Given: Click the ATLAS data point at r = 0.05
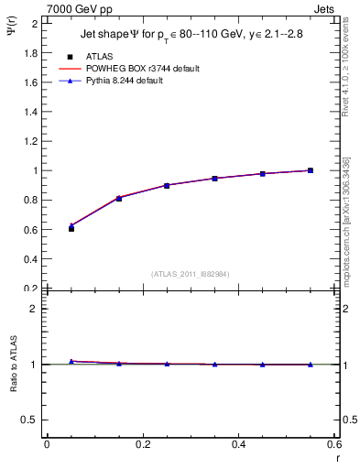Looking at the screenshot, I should coord(71,228).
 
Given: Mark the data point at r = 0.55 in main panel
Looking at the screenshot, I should coord(311,170).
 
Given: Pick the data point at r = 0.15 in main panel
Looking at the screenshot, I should coord(119,198).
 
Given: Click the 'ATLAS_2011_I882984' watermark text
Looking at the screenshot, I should coord(191,273).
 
